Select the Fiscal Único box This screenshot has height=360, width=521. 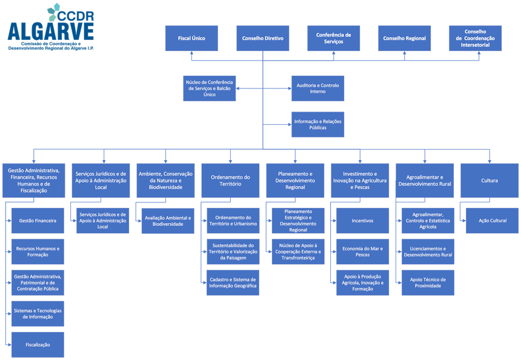[x=191, y=38]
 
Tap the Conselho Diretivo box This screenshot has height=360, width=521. [x=262, y=38]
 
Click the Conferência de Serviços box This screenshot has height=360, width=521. [x=333, y=38]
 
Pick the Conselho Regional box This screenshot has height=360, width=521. [x=404, y=38]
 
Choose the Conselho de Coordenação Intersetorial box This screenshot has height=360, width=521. [x=476, y=38]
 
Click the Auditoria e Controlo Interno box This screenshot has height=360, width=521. [x=317, y=88]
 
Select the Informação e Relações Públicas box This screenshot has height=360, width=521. [x=317, y=125]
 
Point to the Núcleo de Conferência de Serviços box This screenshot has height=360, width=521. [x=209, y=88]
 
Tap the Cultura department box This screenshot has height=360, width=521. [x=489, y=180]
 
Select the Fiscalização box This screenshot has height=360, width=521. [x=38, y=344]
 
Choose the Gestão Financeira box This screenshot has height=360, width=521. [x=38, y=221]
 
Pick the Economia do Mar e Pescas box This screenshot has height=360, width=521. [x=363, y=252]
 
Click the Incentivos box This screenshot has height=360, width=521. [x=363, y=221]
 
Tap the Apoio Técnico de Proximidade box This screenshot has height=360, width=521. [x=428, y=282]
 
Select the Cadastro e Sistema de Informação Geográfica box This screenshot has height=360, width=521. [x=233, y=282]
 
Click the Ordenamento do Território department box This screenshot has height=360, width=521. [x=230, y=180]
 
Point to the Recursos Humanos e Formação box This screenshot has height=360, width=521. [x=38, y=252]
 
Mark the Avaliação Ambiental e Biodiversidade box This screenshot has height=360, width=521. [x=168, y=221]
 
